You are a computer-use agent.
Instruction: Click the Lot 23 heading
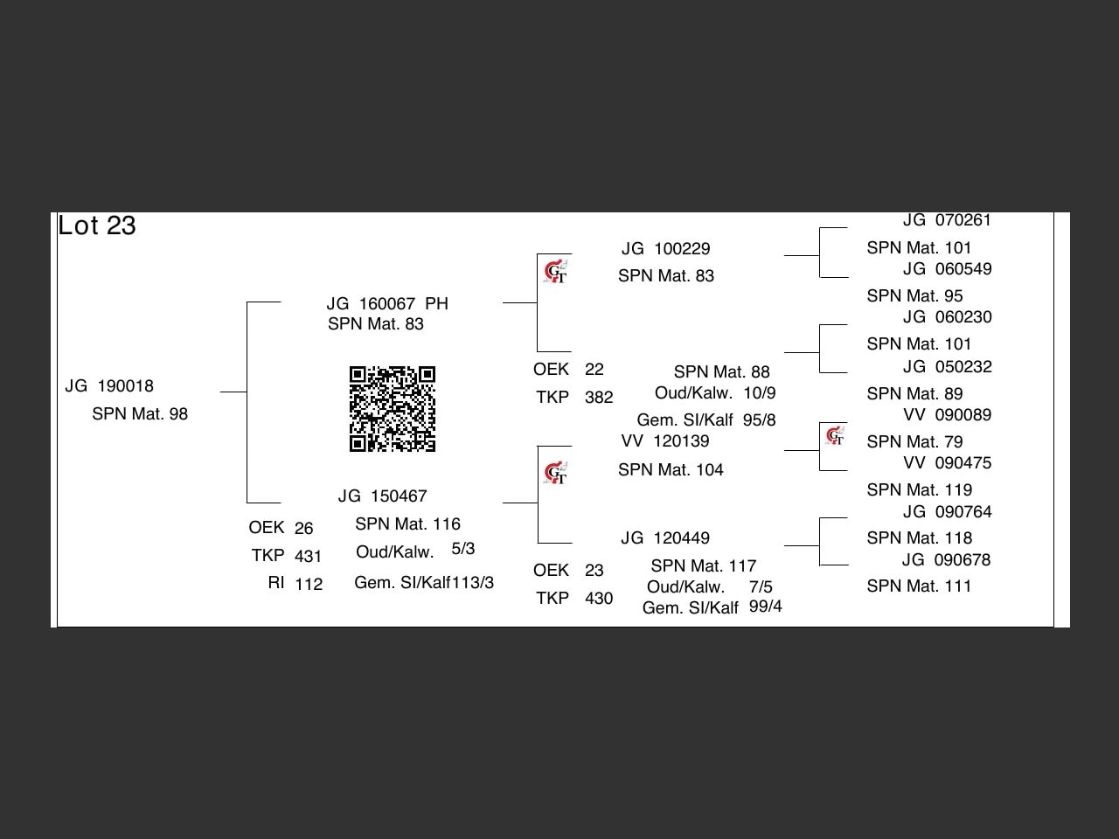coord(97,225)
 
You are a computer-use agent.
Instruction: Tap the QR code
coord(393,409)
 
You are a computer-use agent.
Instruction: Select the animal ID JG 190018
coord(109,386)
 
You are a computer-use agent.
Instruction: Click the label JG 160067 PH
coord(387,304)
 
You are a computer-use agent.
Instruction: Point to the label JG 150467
coord(383,496)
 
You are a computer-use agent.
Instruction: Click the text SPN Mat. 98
coord(140,414)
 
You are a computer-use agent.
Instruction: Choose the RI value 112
coord(309,584)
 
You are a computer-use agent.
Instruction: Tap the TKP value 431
coord(309,556)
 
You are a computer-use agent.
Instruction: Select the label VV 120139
coord(665,441)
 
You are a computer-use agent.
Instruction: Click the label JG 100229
coord(666,249)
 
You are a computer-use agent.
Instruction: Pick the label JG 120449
coord(665,538)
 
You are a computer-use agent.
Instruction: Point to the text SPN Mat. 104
coord(671,470)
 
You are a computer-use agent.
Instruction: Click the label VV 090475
coord(948,463)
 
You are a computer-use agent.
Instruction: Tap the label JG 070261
coord(948,220)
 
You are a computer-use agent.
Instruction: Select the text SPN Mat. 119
coord(919,490)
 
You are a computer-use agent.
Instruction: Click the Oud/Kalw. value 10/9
coord(760,393)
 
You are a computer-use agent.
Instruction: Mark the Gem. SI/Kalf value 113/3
coord(472,583)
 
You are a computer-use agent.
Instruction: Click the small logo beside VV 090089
coord(836,435)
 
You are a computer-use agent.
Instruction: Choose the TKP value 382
coord(599,398)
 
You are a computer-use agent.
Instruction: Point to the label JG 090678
coord(947,560)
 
